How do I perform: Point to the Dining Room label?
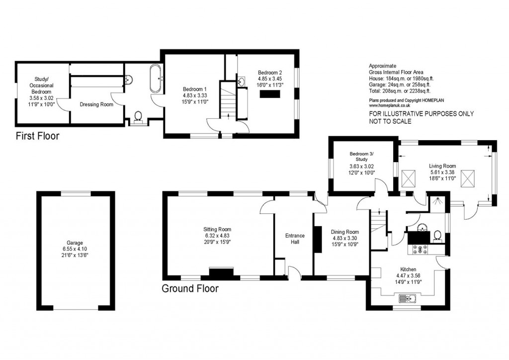344,232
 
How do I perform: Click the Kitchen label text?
401,269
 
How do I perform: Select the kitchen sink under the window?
407,299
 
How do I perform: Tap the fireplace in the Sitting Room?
221,272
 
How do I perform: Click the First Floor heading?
37,136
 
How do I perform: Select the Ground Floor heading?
190,288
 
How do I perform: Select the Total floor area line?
400,91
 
